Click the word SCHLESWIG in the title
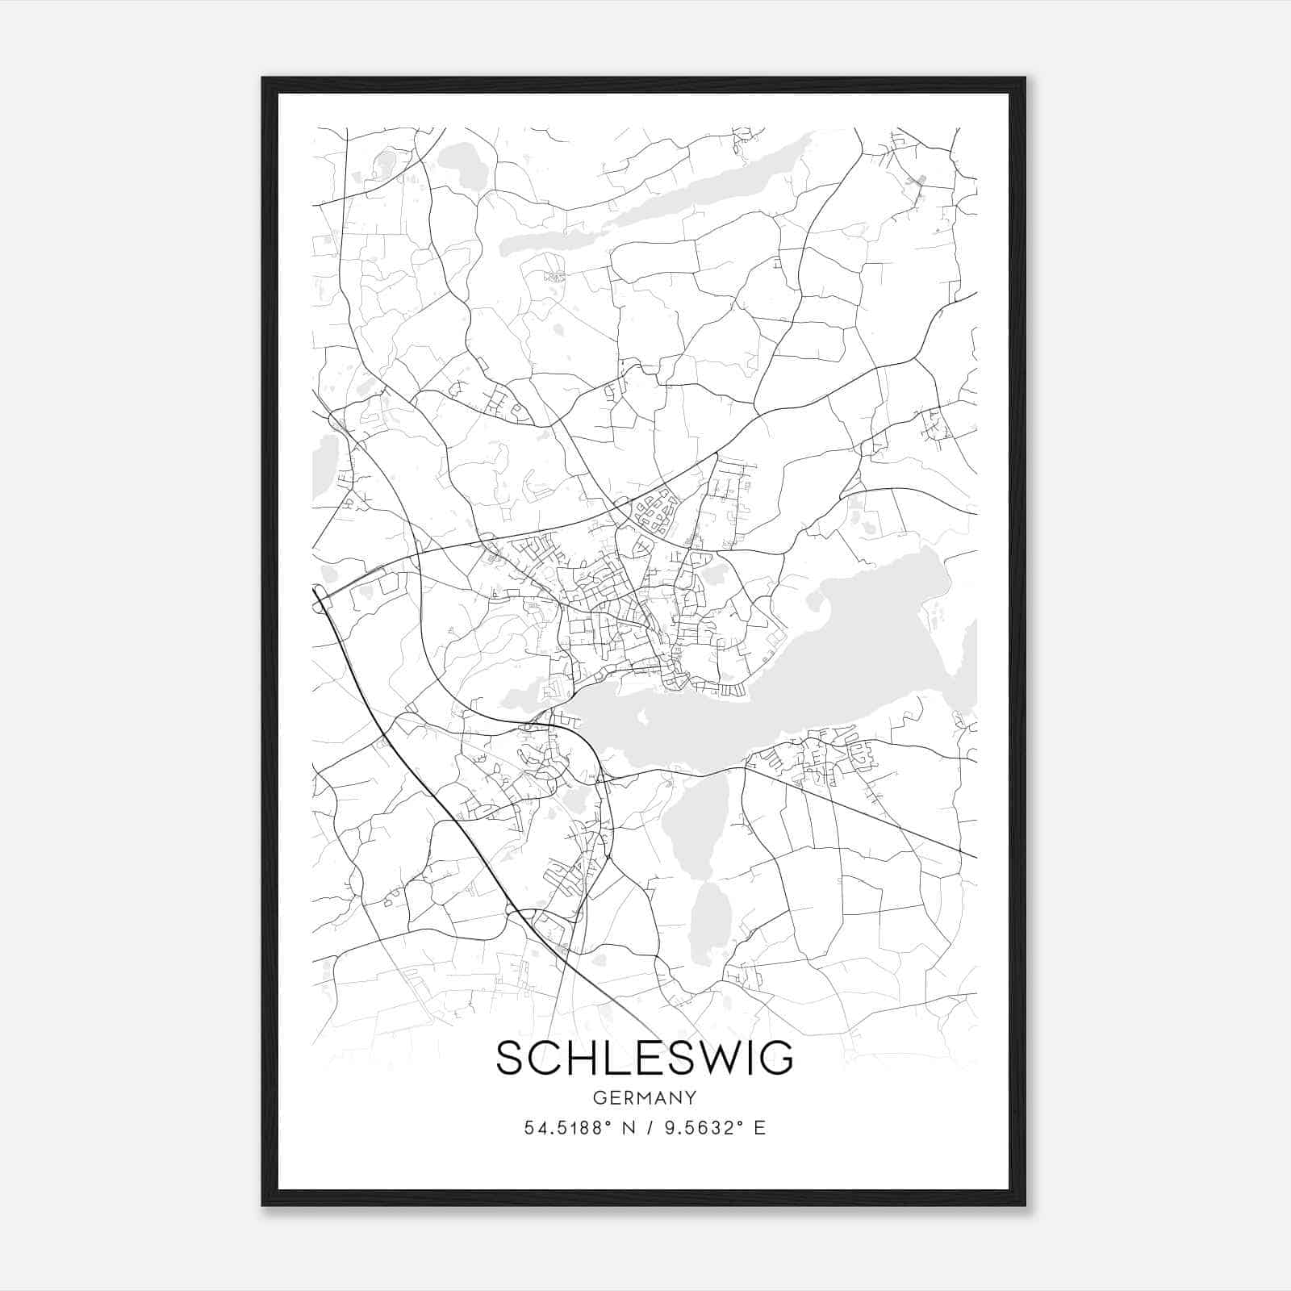(x=645, y=1058)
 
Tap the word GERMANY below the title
(x=645, y=1098)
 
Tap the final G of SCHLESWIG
(x=776, y=1058)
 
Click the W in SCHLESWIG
(x=697, y=1058)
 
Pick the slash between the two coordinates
(x=650, y=1128)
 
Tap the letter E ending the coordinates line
(x=759, y=1128)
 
